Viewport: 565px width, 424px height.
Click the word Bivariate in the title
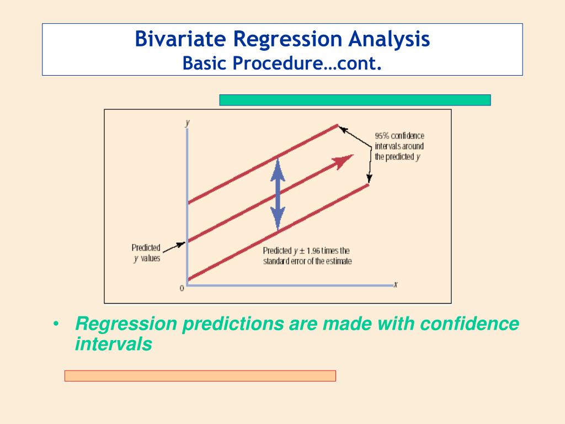(180, 39)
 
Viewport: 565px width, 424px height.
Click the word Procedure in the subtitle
(278, 63)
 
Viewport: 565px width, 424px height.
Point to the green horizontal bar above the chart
(355, 100)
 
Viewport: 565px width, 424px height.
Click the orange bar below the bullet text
(200, 375)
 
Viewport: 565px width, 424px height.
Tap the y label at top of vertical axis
(188, 123)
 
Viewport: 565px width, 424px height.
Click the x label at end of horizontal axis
(395, 284)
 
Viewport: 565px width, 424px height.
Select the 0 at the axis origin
(182, 288)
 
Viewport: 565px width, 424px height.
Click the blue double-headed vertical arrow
(278, 194)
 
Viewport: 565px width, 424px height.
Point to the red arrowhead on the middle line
(343, 161)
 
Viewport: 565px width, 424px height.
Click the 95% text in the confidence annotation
(382, 136)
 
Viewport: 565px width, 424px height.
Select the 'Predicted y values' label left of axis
(146, 253)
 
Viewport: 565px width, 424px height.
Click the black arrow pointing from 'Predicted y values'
(174, 247)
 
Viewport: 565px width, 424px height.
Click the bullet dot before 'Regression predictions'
(56, 324)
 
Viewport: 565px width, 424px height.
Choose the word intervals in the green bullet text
(114, 343)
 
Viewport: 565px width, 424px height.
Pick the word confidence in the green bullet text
(470, 323)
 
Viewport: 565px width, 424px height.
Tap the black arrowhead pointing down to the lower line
(369, 179)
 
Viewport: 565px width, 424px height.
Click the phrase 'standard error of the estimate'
(307, 261)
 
